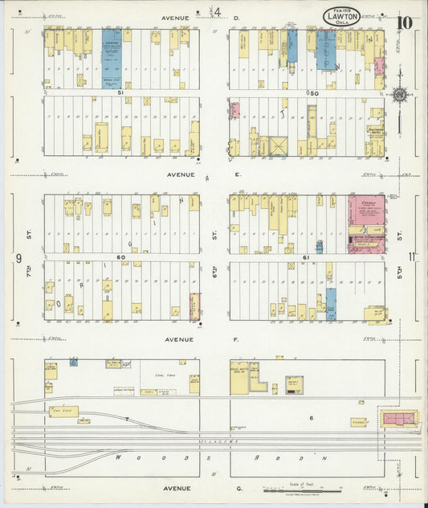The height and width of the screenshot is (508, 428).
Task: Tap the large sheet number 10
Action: pyautogui.click(x=406, y=20)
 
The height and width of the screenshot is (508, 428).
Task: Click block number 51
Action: pyautogui.click(x=121, y=93)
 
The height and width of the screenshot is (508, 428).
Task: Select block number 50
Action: pyautogui.click(x=313, y=93)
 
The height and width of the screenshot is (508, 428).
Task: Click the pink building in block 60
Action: pyautogui.click(x=194, y=306)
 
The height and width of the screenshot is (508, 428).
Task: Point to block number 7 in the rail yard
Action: pyautogui.click(x=127, y=419)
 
